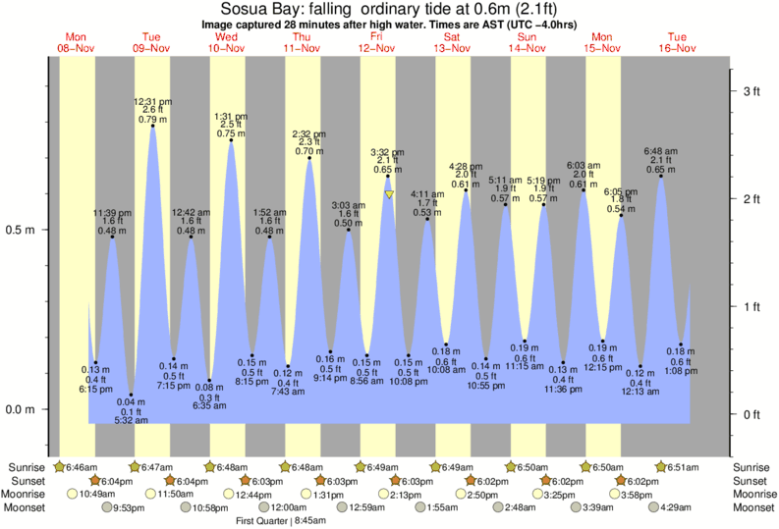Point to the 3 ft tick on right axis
751,91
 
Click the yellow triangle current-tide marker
389,195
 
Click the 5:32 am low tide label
131,420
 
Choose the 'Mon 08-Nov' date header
76,42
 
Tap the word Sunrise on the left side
26,466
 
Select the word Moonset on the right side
754,507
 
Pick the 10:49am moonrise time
94,494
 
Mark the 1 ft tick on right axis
751,307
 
